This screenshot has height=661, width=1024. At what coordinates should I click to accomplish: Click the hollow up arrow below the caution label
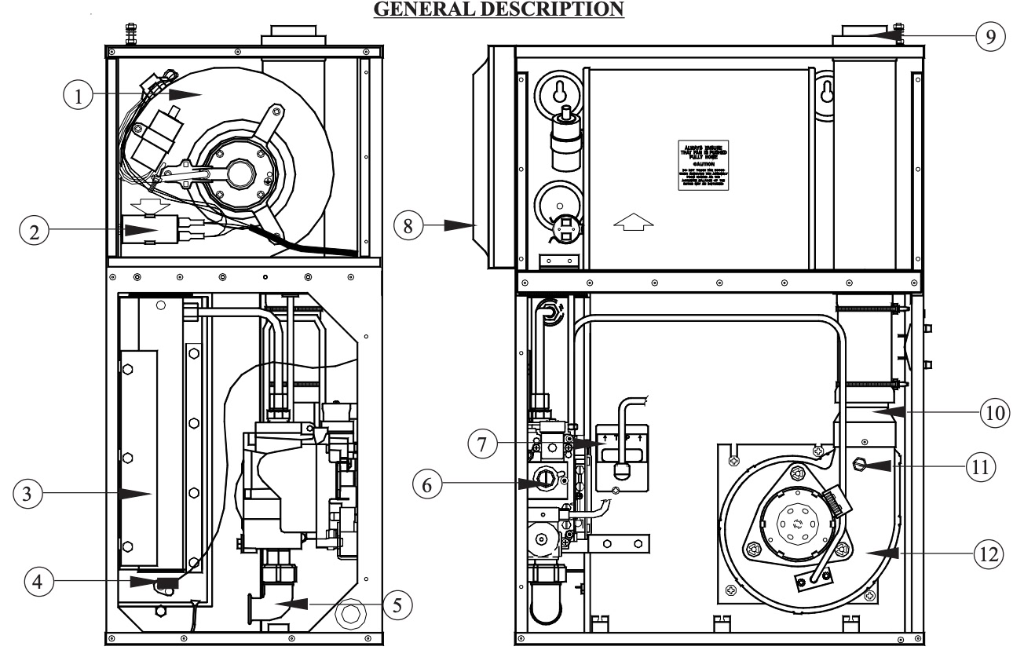point(633,224)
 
